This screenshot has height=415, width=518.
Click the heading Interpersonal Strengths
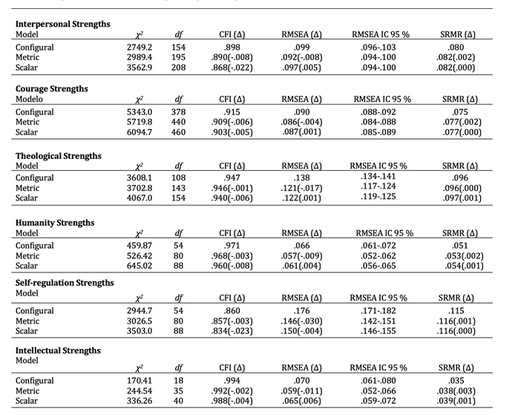pyautogui.click(x=63, y=24)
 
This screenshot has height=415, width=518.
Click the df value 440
pyautogui.click(x=178, y=122)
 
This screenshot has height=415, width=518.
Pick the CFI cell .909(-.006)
pyautogui.click(x=233, y=122)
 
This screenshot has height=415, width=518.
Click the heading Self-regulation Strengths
pyautogui.click(x=65, y=283)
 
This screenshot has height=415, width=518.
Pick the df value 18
pyautogui.click(x=178, y=380)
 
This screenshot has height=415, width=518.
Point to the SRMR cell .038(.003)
pyautogui.click(x=456, y=391)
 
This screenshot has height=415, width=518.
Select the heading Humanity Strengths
pyautogui.click(x=56, y=223)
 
